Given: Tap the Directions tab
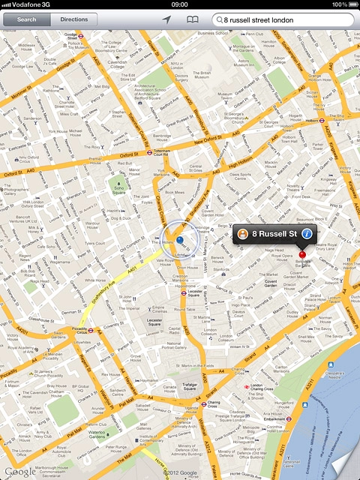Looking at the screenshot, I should click(x=74, y=19).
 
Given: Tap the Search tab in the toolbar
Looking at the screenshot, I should click(x=26, y=19).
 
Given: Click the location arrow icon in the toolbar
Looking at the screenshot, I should click(x=166, y=19).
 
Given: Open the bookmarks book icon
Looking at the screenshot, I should click(x=193, y=19).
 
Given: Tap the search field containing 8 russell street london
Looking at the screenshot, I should click(x=285, y=19).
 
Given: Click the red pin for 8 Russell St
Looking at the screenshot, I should click(x=303, y=256).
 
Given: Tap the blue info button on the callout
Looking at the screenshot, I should click(x=306, y=235).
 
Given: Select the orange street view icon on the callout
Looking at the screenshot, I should click(x=243, y=235).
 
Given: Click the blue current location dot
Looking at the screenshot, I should click(x=180, y=240).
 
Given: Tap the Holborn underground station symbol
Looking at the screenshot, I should click(x=320, y=118).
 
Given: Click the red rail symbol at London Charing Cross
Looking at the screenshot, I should click(x=245, y=386).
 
